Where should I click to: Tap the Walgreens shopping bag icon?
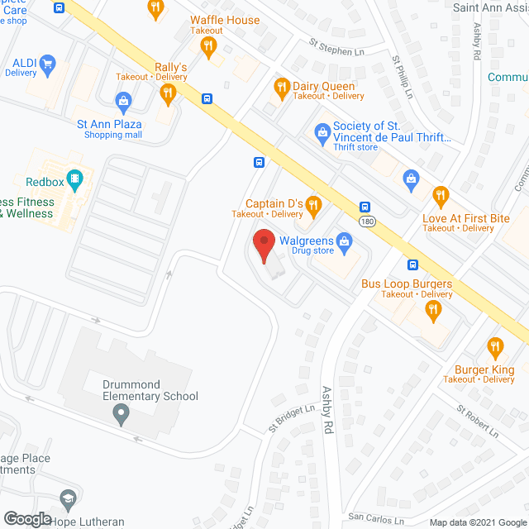click(346, 241)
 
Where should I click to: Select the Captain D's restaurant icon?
click(312, 203)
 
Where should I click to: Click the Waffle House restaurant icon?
click(212, 47)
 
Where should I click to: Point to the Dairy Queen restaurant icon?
click(282, 87)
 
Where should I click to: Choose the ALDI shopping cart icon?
click(48, 63)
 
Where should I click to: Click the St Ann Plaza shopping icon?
click(123, 102)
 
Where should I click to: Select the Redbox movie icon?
click(74, 177)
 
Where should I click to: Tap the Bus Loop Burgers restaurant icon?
click(431, 310)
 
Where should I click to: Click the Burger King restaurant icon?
click(495, 347)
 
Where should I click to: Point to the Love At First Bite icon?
click(441, 196)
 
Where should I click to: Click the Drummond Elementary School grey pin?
click(122, 417)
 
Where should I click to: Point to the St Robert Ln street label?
click(479, 421)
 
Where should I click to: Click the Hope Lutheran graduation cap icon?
click(67, 499)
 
